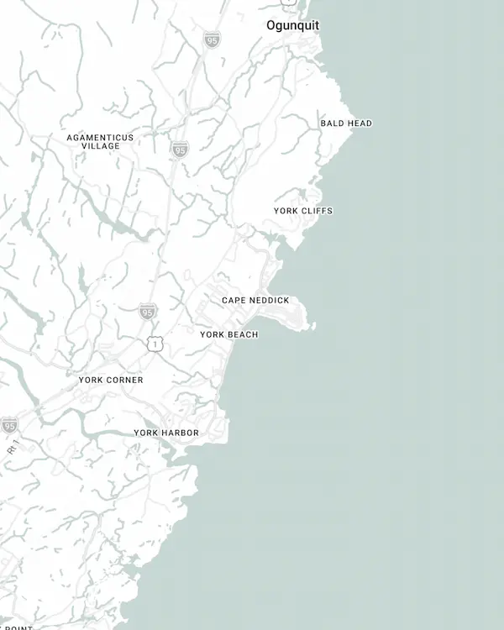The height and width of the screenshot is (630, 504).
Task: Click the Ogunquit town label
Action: (x=292, y=25)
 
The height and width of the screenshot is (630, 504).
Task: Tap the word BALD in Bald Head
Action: (x=333, y=123)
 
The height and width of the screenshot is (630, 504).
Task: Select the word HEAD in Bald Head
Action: (x=360, y=123)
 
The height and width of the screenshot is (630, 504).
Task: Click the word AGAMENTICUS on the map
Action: (x=100, y=137)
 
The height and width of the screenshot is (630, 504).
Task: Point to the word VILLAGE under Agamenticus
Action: (x=101, y=146)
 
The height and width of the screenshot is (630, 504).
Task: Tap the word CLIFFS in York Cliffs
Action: (x=317, y=211)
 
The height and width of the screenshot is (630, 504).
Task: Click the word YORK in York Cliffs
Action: (x=286, y=211)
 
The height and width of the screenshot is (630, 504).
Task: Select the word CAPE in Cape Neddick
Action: (x=234, y=301)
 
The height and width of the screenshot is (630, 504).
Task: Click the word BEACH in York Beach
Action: (x=243, y=335)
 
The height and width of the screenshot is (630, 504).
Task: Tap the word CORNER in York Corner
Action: (x=125, y=381)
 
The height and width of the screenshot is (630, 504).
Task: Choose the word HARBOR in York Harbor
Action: (x=181, y=433)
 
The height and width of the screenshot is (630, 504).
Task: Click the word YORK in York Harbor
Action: (x=146, y=433)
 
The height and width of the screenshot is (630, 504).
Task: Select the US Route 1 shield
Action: (x=154, y=344)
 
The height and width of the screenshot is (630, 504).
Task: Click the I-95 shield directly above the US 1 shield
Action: (x=148, y=312)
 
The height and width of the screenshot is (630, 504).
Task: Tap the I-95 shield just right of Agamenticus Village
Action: (x=179, y=150)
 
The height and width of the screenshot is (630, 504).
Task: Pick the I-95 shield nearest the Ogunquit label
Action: (x=212, y=39)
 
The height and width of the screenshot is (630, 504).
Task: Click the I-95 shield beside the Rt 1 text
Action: (x=9, y=425)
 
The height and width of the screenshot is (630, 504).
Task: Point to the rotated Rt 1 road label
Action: (x=13, y=449)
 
